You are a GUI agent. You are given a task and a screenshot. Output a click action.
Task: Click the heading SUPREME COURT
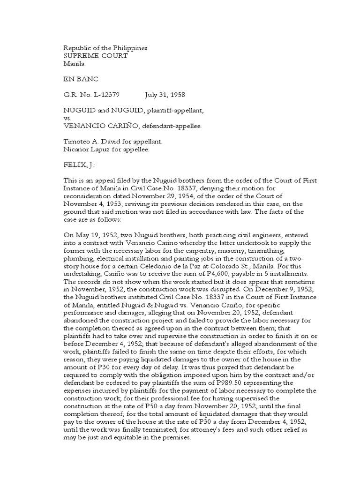coord(95,56)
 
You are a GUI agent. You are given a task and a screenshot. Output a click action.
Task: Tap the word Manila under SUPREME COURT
coord(73,64)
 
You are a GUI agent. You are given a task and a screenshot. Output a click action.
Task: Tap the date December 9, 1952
coord(278,288)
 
